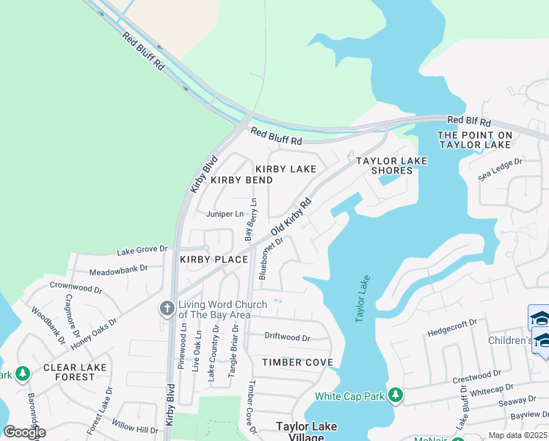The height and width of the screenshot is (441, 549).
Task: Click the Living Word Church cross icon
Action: click(167, 308)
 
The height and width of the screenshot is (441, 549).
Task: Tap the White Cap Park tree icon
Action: click(396, 396)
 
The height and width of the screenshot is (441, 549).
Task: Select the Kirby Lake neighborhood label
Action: click(286, 169)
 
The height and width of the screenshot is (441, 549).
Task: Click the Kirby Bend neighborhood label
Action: click(241, 180)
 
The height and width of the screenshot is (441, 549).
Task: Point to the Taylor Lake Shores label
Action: click(386, 165)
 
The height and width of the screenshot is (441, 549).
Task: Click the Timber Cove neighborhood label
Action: click(298, 362)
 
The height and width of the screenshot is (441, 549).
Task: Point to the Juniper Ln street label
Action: click(225, 215)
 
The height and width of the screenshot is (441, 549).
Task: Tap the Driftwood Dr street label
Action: click(287, 338)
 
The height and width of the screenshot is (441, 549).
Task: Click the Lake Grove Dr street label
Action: click(142, 250)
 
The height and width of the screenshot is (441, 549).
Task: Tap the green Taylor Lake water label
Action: click(362, 298)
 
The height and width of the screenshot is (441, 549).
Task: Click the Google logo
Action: click(24, 432)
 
